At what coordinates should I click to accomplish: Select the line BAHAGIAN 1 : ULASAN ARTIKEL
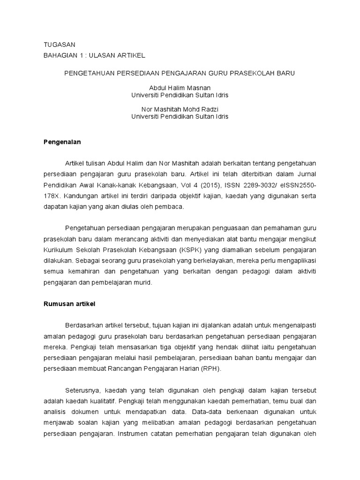tap(94, 55)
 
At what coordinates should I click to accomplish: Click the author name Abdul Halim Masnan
tap(180, 88)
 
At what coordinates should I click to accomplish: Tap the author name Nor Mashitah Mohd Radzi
tap(180, 109)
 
